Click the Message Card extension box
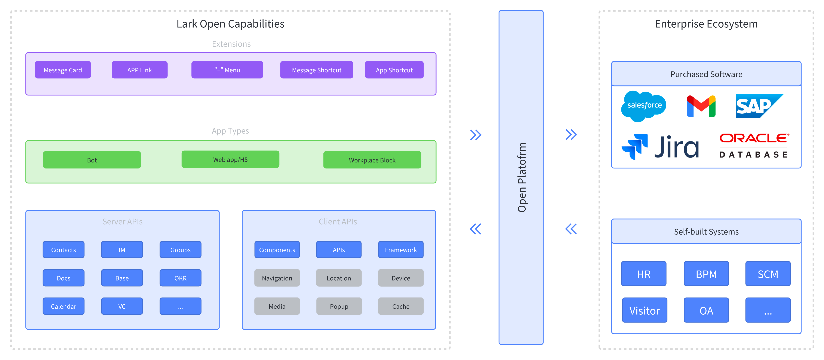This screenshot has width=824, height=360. click(63, 70)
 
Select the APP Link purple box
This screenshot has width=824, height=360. click(139, 70)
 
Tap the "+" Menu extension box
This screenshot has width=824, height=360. click(227, 70)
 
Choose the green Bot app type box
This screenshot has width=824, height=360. click(92, 160)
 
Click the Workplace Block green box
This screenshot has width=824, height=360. click(372, 160)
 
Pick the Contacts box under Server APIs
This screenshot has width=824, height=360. click(63, 250)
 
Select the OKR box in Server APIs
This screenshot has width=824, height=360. click(180, 278)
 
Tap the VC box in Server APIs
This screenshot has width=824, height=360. click(122, 306)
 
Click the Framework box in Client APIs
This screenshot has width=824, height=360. click(401, 250)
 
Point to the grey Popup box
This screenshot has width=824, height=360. click(339, 306)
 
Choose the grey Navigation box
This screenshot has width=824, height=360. click(277, 278)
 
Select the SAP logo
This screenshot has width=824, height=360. click(759, 106)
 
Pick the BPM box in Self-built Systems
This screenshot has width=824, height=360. click(706, 274)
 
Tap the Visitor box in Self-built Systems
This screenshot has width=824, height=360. click(645, 310)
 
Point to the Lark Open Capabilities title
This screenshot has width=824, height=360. click(230, 24)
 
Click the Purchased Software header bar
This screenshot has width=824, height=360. click(706, 74)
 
